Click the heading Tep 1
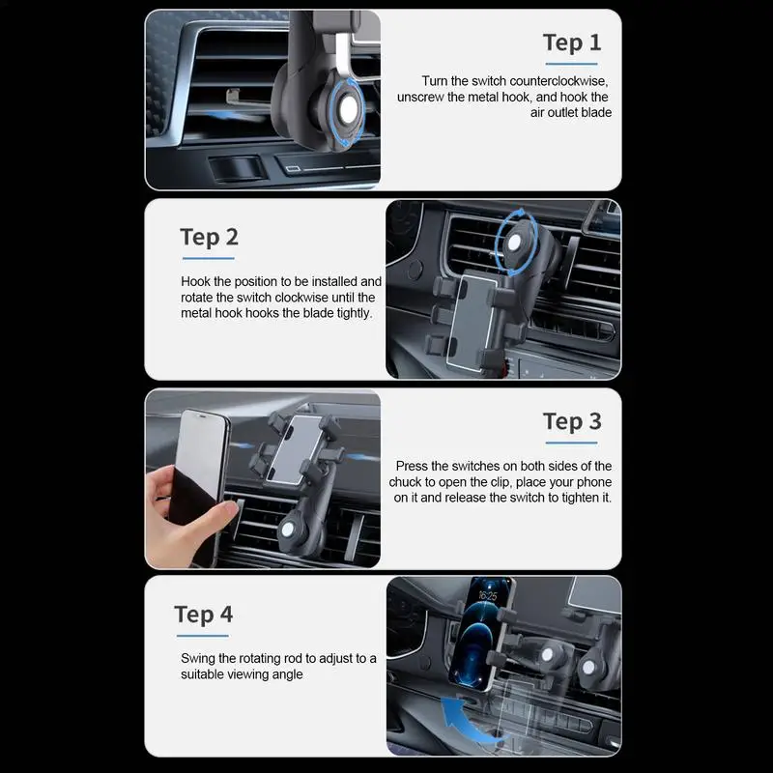pyautogui.click(x=572, y=43)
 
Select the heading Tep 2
pyautogui.click(x=209, y=238)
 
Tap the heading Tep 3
pyautogui.click(x=572, y=421)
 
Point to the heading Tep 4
pyautogui.click(x=203, y=615)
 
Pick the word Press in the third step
pyautogui.click(x=413, y=466)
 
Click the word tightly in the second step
pyautogui.click(x=353, y=313)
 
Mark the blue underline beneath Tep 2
pyautogui.click(x=209, y=259)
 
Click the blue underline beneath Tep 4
pyautogui.click(x=203, y=636)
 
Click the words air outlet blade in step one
pyautogui.click(x=571, y=112)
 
